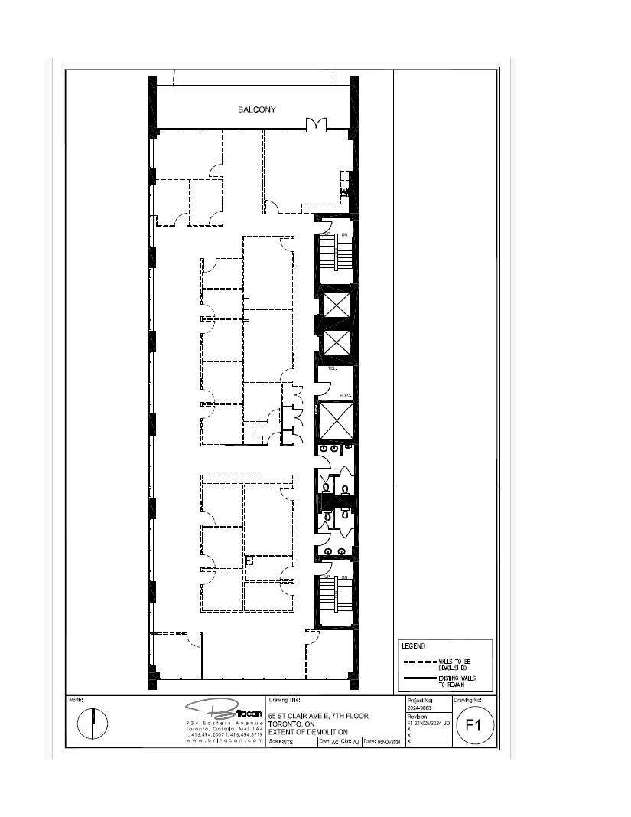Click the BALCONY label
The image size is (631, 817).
[257, 109]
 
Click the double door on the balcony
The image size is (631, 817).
[316, 124]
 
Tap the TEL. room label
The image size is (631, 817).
[332, 368]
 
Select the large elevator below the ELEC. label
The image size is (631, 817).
[334, 420]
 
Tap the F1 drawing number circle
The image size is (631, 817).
[473, 726]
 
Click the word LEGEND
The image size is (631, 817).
[413, 646]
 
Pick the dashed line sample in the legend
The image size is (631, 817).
[419, 662]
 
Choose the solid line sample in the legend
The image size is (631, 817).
[419, 678]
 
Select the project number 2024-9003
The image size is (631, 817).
[420, 708]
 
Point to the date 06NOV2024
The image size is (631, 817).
[389, 742]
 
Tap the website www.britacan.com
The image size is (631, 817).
[224, 740]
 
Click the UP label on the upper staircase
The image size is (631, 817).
[327, 234]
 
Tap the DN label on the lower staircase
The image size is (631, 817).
[344, 577]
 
